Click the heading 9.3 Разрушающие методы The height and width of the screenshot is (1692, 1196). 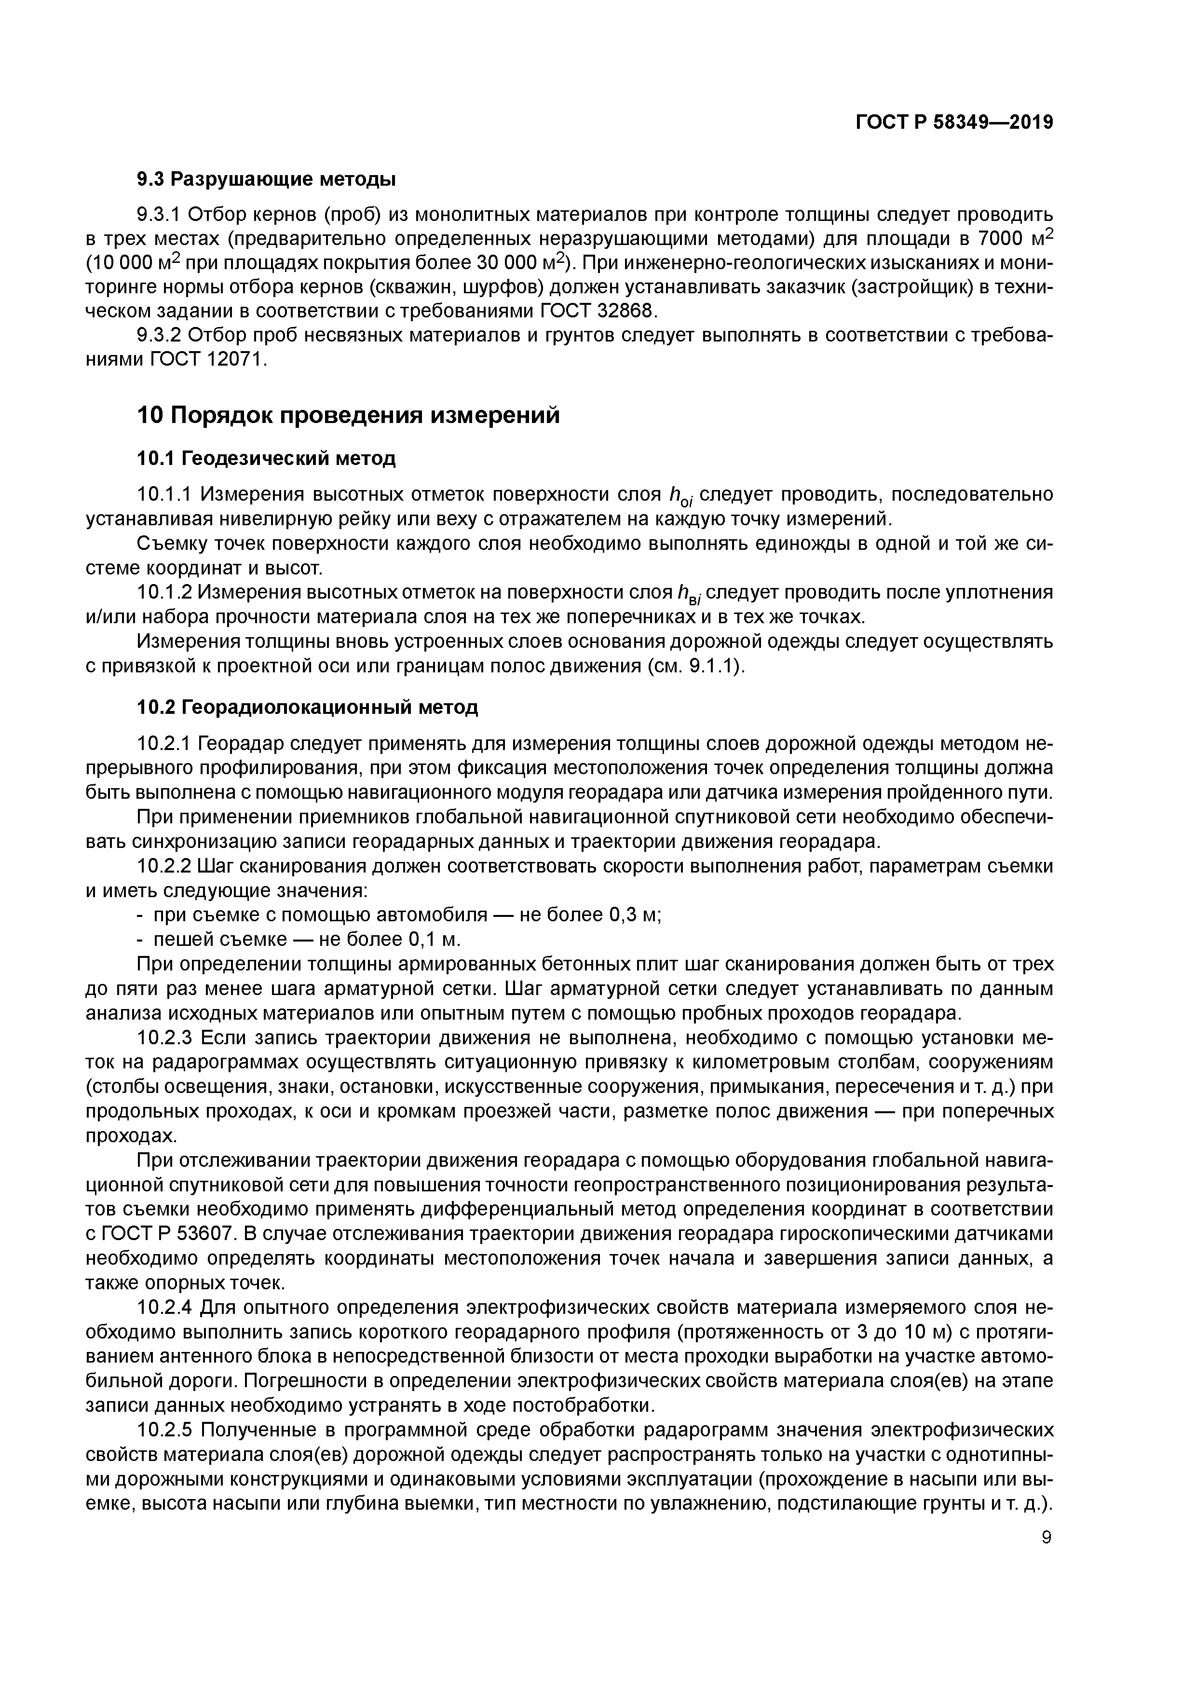[x=267, y=179]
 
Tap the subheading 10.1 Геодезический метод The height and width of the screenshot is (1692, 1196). [x=267, y=459]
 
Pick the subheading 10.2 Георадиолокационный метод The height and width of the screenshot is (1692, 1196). [x=308, y=708]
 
